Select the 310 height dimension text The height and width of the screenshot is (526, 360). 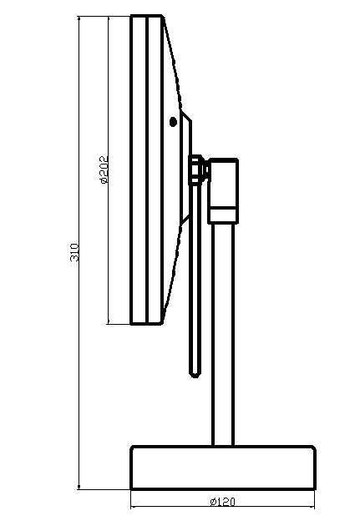[x=74, y=253]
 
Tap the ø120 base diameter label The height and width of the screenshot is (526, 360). [x=223, y=502]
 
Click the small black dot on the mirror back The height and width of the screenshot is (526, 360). [x=173, y=122]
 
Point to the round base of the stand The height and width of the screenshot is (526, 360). [x=222, y=468]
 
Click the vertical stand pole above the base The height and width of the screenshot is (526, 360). [x=223, y=335]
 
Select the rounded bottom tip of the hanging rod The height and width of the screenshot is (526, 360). [x=195, y=374]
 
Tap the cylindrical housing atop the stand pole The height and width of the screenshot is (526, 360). [x=223, y=183]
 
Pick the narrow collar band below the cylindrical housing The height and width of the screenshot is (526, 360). [x=223, y=215]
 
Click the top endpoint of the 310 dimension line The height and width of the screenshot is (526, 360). [x=79, y=17]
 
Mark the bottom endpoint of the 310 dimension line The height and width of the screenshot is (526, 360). [x=79, y=489]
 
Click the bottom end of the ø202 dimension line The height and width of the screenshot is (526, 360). [x=108, y=324]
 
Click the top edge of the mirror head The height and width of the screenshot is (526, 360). [x=147, y=16]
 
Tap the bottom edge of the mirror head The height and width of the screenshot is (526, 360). [x=146, y=324]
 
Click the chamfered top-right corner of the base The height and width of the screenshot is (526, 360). [x=313, y=448]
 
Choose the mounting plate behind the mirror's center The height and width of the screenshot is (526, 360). [x=186, y=167]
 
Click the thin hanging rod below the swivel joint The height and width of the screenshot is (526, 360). [x=195, y=279]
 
